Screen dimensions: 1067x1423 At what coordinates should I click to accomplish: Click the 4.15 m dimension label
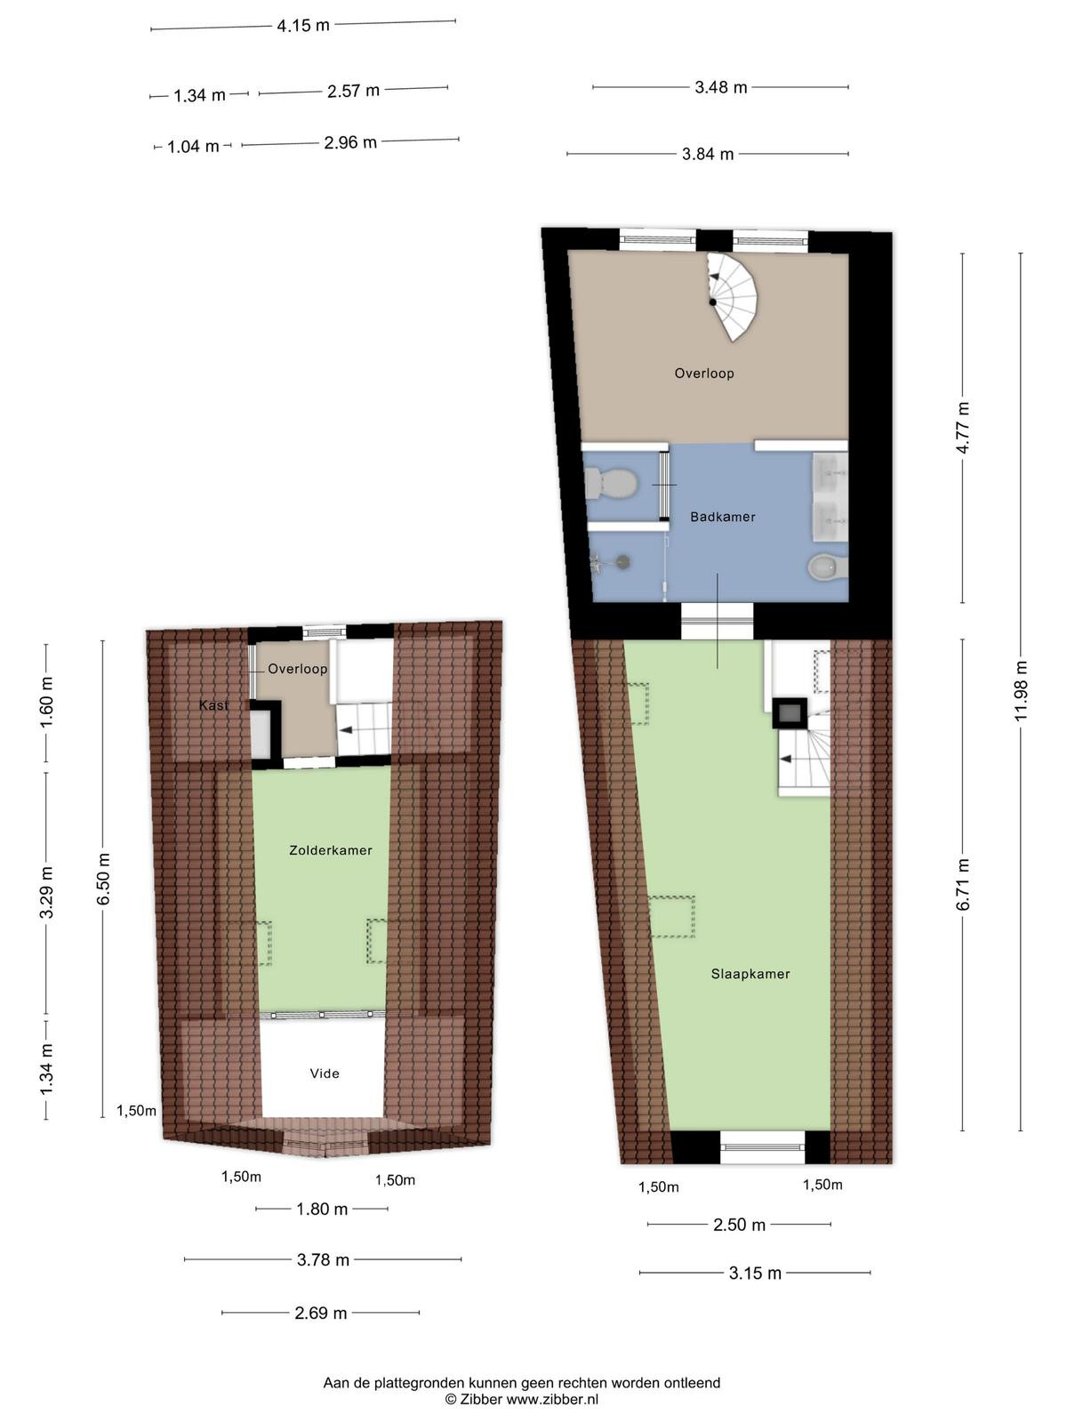[303, 25]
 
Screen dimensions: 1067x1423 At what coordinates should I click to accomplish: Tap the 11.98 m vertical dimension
[1021, 690]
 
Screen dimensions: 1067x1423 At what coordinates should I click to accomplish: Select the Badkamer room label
[722, 517]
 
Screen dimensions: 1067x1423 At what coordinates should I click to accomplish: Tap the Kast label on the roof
[213, 704]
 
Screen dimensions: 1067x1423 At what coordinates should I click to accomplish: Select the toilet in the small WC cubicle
[610, 484]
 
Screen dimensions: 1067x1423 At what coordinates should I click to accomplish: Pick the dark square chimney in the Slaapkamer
[790, 714]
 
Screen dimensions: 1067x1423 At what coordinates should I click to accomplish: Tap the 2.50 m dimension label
[739, 1225]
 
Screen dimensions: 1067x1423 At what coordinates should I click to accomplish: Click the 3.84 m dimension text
[708, 154]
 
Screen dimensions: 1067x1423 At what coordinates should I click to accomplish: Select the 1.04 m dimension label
[193, 147]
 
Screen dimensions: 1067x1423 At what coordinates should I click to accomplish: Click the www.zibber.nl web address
[552, 1399]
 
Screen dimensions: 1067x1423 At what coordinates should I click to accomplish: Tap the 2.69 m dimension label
[321, 1313]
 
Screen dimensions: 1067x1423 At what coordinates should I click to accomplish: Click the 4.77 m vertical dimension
[963, 427]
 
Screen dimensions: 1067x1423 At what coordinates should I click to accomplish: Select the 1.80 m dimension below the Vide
[322, 1209]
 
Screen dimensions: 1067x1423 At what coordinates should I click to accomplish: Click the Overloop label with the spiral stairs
[704, 374]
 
